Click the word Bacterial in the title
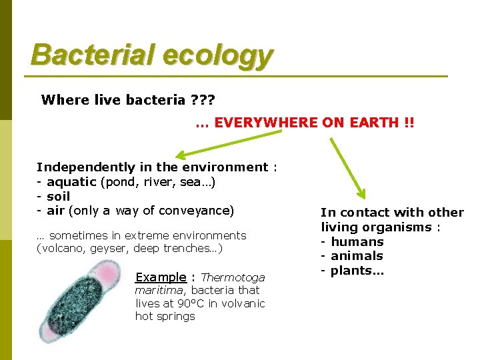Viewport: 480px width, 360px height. (x=78, y=55)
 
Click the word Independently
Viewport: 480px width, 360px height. (x=85, y=167)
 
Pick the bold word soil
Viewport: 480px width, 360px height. (x=58, y=197)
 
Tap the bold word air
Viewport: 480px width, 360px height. (x=55, y=211)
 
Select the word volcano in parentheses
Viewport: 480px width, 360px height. (x=61, y=249)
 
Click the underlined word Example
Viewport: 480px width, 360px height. (x=161, y=277)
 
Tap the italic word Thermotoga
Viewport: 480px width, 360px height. (x=233, y=277)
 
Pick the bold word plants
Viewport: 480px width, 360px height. (x=357, y=271)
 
